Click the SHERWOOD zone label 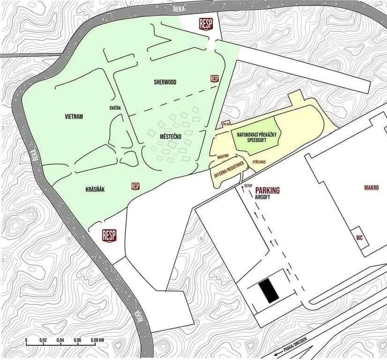(x=165, y=82)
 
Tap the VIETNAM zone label (x=74, y=117)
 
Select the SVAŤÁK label (x=115, y=108)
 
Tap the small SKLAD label (x=226, y=124)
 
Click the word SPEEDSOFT (x=257, y=139)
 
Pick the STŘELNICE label (x=259, y=162)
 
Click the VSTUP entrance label (x=249, y=186)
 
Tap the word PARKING (x=268, y=191)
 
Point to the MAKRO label (x=371, y=188)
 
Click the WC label (x=360, y=237)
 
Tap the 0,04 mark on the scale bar (x=60, y=340)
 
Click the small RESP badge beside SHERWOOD (x=215, y=79)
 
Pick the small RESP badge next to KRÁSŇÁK (x=136, y=186)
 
